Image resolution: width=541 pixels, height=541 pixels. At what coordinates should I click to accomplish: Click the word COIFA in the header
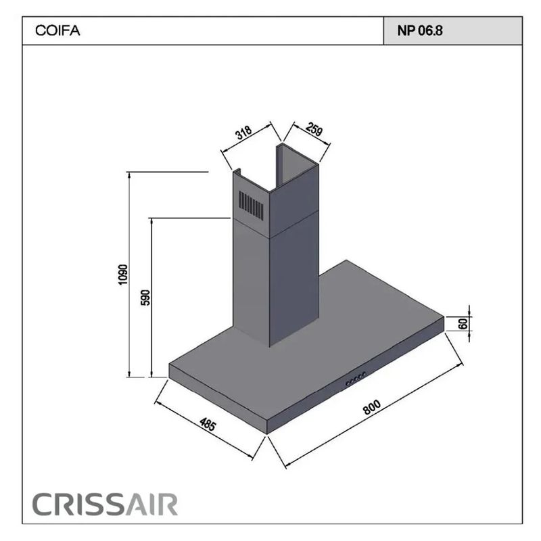[x=51, y=31]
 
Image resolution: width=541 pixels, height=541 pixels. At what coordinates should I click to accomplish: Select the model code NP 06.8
[x=420, y=31]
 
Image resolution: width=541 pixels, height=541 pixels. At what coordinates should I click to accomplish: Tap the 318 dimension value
[x=244, y=133]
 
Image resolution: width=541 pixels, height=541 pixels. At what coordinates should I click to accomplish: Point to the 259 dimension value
[x=312, y=130]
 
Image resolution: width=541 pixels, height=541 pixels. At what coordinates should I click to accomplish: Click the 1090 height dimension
[x=122, y=275]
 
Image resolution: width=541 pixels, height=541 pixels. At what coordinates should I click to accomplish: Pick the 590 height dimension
[x=145, y=298]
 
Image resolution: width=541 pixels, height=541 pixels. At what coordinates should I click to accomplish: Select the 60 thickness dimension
[x=463, y=323]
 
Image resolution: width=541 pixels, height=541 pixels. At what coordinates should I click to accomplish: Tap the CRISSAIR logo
[x=105, y=504]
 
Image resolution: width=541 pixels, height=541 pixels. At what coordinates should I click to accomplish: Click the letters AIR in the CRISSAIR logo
[x=154, y=504]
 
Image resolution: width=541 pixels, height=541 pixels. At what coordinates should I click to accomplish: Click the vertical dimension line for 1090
[x=128, y=275]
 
